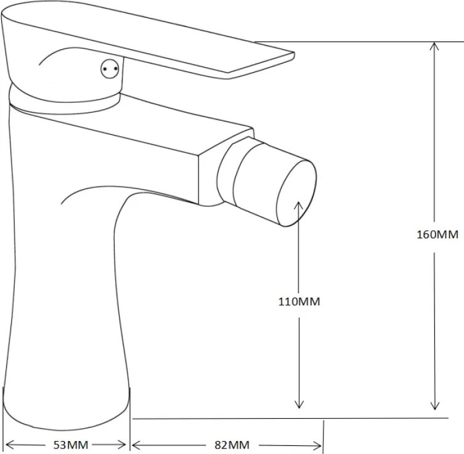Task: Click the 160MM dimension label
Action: tap(438, 235)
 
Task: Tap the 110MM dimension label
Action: tap(299, 302)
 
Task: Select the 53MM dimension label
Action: tap(71, 445)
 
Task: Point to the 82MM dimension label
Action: tap(232, 445)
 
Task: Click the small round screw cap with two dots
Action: tap(110, 68)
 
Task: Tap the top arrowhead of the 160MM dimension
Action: tap(434, 47)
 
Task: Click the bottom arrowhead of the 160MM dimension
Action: tap(434, 404)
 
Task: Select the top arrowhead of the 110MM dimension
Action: tap(299, 206)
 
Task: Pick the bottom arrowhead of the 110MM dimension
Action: tap(299, 403)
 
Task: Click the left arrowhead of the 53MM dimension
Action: tap(11, 444)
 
